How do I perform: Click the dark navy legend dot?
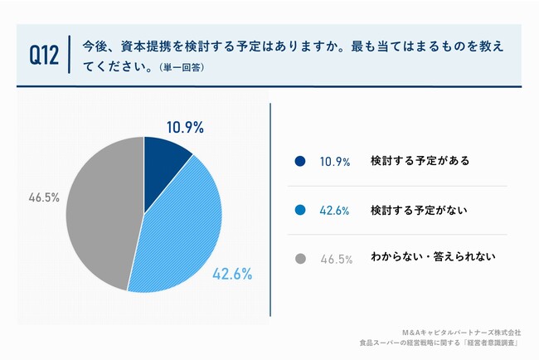point(299,161)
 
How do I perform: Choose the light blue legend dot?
point(299,210)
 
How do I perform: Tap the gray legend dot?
point(299,259)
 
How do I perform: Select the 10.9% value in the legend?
point(335,161)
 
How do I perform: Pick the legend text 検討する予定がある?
point(420,161)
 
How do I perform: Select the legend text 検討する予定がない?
point(420,210)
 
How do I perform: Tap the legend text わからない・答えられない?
point(433,258)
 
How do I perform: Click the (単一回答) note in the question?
point(181,67)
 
